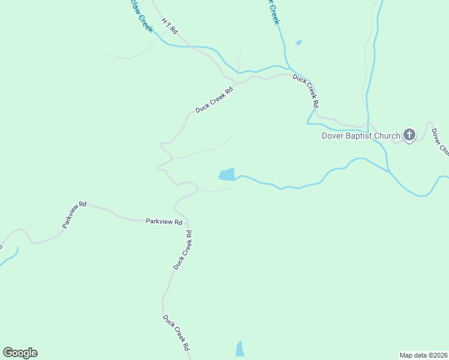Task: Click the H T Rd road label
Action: pos(170,25)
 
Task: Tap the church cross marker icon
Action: pos(409,135)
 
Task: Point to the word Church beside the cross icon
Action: pos(387,136)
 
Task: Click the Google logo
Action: pos(20,353)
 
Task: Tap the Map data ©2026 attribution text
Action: pos(424,355)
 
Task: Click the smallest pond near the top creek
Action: pos(298,43)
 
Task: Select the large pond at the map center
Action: pos(227,174)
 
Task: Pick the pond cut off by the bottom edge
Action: pos(240,349)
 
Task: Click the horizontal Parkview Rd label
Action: pos(164,221)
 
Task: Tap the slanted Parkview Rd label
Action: pos(74,215)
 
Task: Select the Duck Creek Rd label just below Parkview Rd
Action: pos(182,250)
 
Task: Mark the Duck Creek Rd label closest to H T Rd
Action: pos(214,101)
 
